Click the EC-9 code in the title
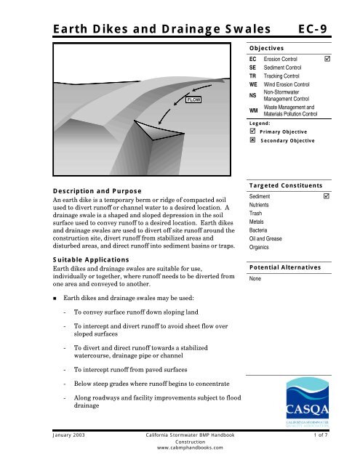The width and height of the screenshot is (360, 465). (326, 29)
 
